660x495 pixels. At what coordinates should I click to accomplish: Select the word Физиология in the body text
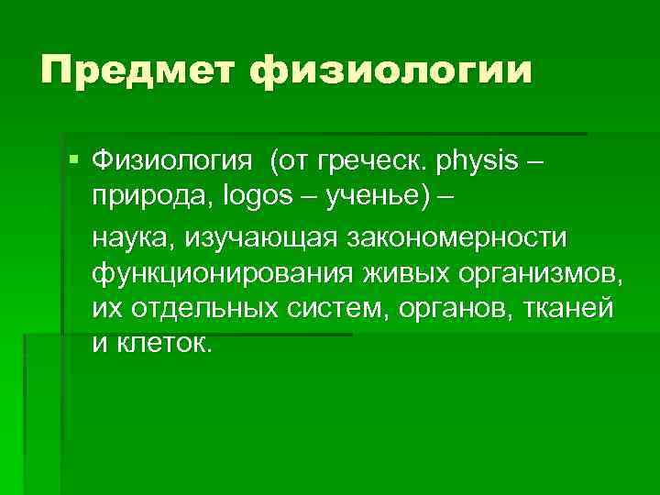tap(171, 163)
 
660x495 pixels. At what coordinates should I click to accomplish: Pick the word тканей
tap(569, 309)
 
